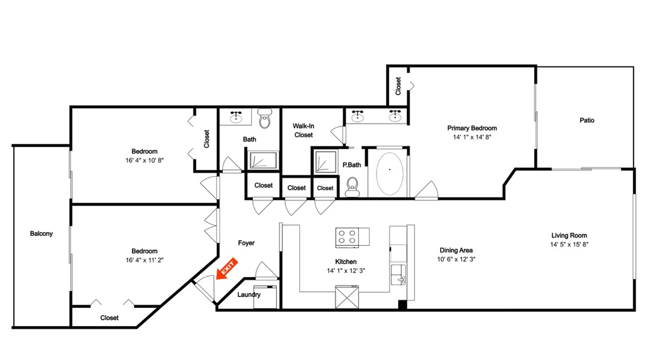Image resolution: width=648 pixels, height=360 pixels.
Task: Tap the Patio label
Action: click(x=587, y=120)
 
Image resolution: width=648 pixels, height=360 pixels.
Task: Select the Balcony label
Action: click(x=41, y=234)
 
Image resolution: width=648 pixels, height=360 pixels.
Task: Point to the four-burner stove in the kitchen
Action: click(x=347, y=238)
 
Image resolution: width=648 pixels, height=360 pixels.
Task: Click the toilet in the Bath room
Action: click(x=265, y=119)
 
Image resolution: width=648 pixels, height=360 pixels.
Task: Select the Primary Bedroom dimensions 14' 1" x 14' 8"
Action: click(x=472, y=137)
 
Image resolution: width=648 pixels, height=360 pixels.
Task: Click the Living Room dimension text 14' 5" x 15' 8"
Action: click(x=569, y=244)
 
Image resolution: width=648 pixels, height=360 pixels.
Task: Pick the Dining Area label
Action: click(x=456, y=250)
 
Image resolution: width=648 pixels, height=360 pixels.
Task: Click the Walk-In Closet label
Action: click(x=303, y=130)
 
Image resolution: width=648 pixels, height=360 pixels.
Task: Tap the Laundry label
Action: click(x=249, y=294)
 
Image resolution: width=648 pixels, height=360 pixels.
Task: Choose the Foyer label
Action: click(x=246, y=243)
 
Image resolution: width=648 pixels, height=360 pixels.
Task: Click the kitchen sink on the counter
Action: click(x=398, y=275)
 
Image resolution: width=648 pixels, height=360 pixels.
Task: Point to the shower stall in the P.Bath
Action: click(x=326, y=162)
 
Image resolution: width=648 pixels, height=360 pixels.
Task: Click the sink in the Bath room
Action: click(x=236, y=117)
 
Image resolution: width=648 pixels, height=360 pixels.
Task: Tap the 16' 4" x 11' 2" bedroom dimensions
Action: click(x=144, y=260)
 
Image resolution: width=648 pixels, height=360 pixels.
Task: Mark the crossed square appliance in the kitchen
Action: click(x=347, y=297)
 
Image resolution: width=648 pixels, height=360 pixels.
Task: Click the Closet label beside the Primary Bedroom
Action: click(x=398, y=86)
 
